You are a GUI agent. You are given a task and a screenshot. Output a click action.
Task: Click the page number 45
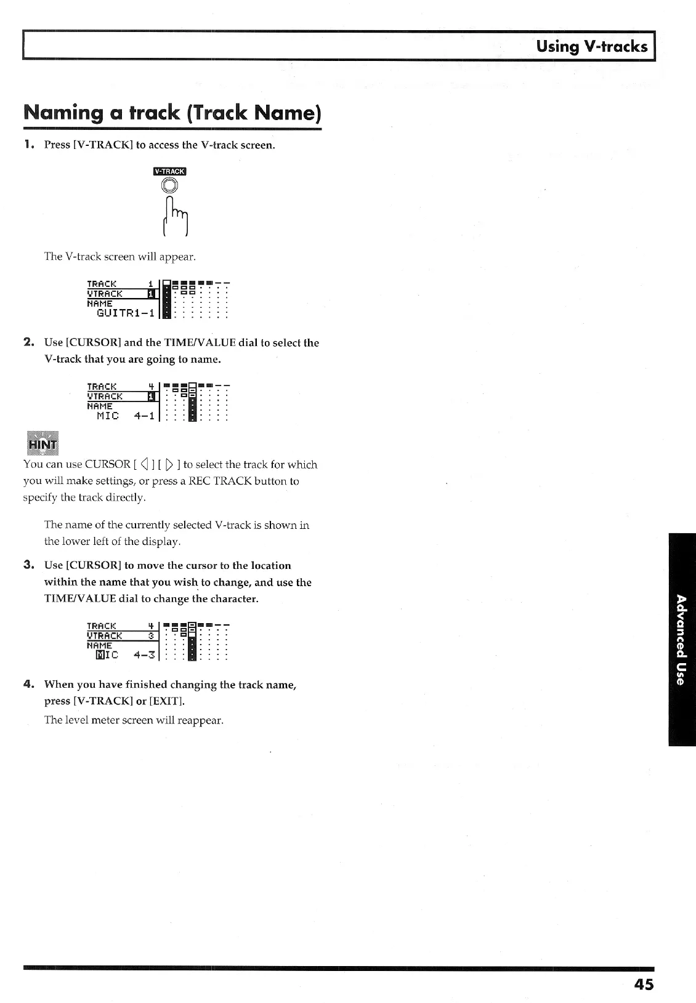643,985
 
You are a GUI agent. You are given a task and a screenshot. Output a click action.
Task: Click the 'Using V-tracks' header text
591,46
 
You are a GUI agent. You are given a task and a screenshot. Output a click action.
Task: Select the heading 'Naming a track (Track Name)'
172,113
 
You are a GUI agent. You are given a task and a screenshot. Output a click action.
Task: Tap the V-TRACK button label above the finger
169,171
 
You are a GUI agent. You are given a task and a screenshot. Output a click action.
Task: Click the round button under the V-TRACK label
170,185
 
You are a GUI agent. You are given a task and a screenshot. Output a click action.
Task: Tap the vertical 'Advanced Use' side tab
681,640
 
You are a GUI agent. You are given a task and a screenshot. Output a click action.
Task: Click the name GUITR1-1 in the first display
125,313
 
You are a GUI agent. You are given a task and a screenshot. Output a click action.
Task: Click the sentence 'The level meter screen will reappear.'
134,720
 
